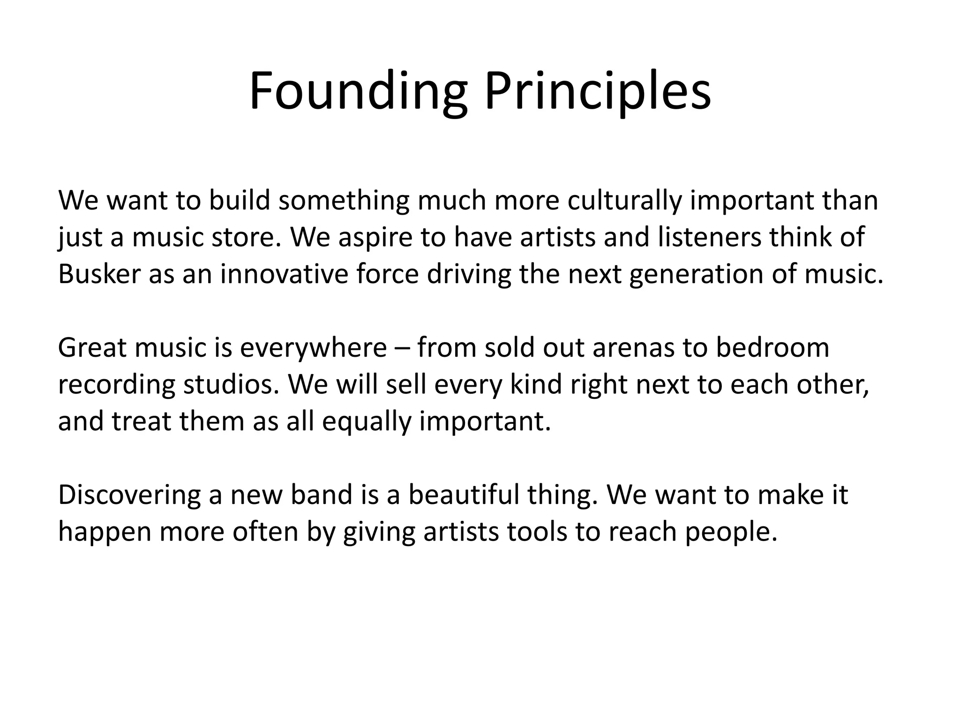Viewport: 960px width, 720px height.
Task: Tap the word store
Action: click(x=247, y=238)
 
